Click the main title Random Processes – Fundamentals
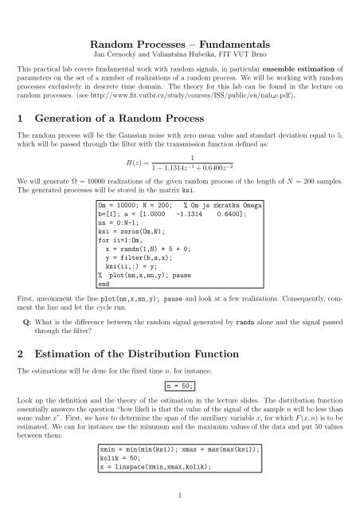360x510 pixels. click(x=179, y=22)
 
